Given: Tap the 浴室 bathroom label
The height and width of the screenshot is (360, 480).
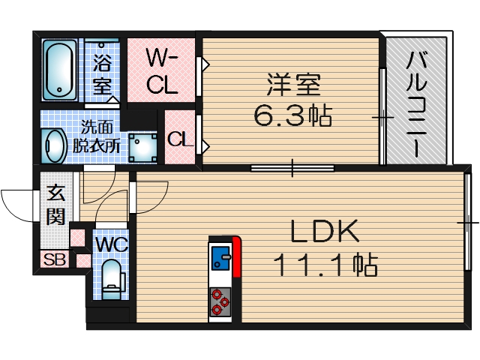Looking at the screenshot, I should pyautogui.click(x=102, y=72).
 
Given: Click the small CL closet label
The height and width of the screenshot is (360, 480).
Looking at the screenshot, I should pyautogui.click(x=178, y=139).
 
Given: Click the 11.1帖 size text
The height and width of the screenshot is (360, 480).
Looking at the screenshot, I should pyautogui.click(x=323, y=264).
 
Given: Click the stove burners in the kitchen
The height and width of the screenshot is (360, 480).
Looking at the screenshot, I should pyautogui.click(x=220, y=300).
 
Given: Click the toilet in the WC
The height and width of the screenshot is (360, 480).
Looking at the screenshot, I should pyautogui.click(x=111, y=277).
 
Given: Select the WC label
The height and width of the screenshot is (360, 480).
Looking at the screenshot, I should pyautogui.click(x=111, y=244).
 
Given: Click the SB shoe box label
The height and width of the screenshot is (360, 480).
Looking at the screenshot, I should pyautogui.click(x=53, y=260).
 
